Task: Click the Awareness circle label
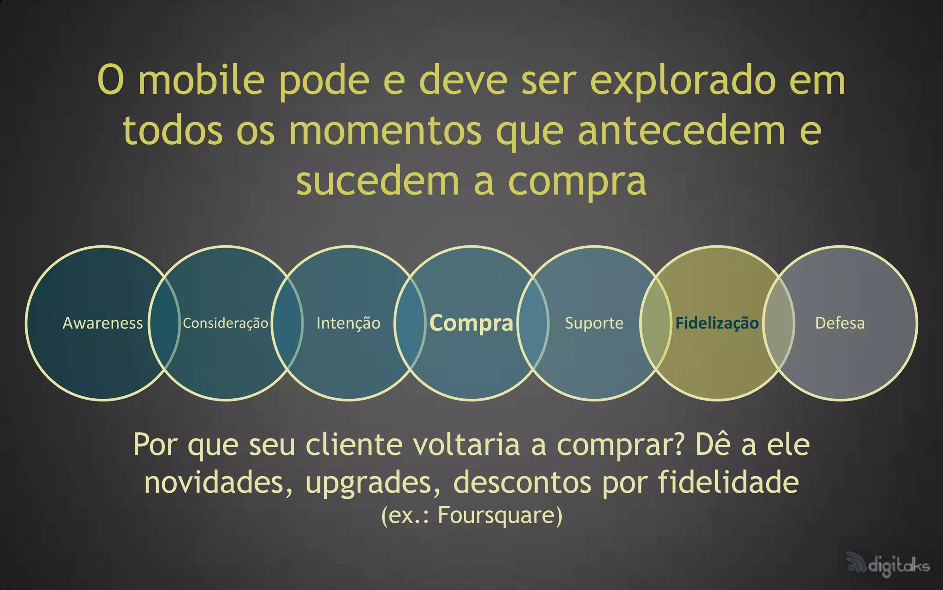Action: coord(103,323)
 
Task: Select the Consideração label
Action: coord(225,323)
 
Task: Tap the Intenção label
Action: coord(348,323)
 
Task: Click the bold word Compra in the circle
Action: coord(471,323)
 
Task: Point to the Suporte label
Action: coord(594,323)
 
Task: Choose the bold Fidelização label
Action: coord(717,323)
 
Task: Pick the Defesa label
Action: coord(840,323)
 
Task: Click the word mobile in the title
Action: coord(201,80)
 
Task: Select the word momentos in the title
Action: coord(385,131)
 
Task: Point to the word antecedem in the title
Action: coord(681,131)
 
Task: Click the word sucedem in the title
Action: coord(378,181)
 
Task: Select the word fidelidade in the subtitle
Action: coord(728,482)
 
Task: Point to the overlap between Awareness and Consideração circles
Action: coord(164,323)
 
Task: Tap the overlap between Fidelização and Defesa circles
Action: coord(779,323)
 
